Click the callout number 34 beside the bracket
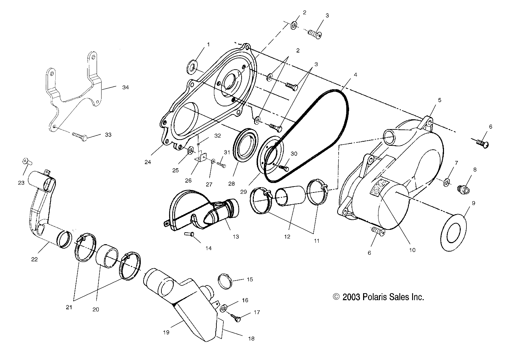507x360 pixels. click(x=125, y=87)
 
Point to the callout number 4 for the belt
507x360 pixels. click(x=355, y=75)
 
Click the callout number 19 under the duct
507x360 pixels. click(x=166, y=332)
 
